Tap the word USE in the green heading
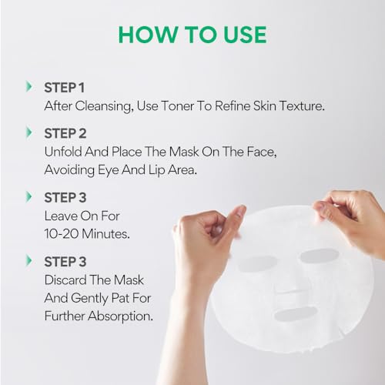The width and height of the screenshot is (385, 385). coord(245,35)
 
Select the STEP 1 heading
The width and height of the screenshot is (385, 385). coord(64,88)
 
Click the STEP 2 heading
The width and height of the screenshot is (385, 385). coord(65,134)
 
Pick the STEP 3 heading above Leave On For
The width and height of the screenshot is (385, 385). coord(65,198)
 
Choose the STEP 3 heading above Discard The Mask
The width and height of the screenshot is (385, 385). coord(65,262)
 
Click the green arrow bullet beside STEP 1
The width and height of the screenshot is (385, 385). coord(29,87)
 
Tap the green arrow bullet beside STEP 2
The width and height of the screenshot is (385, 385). coord(29,132)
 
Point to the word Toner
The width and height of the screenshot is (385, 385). coord(177,105)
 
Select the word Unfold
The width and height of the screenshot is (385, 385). coord(63,152)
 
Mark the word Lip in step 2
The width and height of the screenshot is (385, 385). coord(156,170)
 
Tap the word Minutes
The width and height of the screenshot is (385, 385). coord(105,234)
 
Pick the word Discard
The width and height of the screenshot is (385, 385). coord(65,280)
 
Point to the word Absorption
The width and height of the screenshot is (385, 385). coord(120,316)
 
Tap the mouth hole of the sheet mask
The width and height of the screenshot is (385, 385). coord(296,313)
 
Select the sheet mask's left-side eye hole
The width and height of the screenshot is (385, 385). coord(257,264)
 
